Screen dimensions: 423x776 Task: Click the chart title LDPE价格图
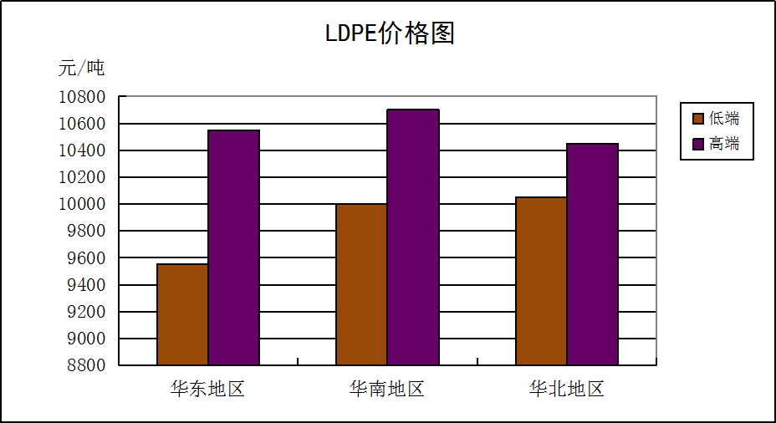389,34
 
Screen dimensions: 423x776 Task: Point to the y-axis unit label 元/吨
81,68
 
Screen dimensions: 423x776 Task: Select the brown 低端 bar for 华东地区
182,314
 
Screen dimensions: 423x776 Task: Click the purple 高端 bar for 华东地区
233,247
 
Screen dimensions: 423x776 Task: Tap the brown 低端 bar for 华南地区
361,284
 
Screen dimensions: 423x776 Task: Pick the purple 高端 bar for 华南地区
413,237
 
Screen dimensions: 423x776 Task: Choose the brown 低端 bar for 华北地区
541,281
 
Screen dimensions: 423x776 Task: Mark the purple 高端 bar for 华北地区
592,254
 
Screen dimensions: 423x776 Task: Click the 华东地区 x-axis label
207,389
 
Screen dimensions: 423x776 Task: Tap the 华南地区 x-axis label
387,389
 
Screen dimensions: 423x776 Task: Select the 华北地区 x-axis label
566,389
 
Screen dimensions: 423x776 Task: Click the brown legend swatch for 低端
697,118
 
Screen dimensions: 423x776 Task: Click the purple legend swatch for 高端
697,144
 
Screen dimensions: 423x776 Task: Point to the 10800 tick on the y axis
82,97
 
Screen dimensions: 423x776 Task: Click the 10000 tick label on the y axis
82,204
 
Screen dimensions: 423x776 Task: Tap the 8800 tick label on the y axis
87,365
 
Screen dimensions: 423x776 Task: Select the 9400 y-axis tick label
87,285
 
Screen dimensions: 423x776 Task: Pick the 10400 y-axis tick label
82,150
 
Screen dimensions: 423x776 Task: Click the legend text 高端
724,144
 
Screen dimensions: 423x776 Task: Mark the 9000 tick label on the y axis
87,339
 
